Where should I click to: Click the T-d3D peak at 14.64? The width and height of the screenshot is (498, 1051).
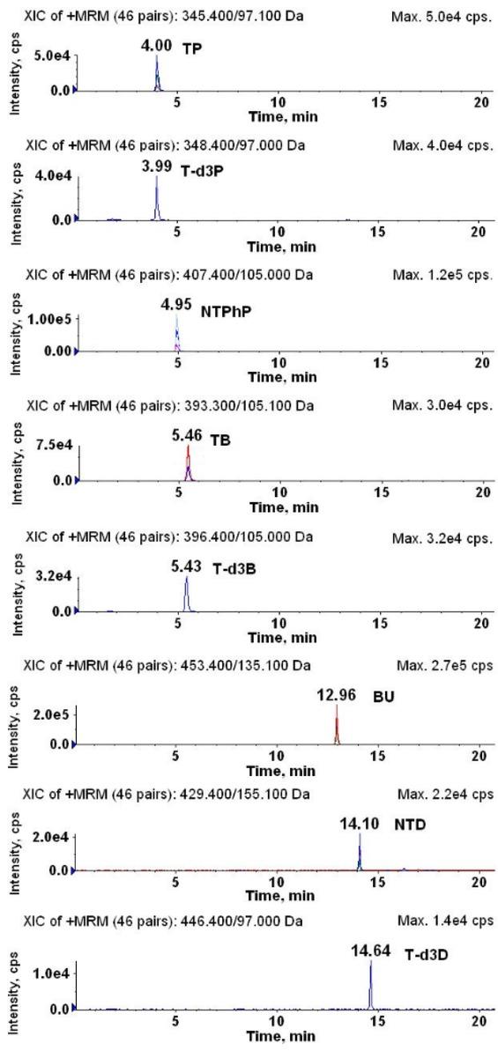[371, 987]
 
